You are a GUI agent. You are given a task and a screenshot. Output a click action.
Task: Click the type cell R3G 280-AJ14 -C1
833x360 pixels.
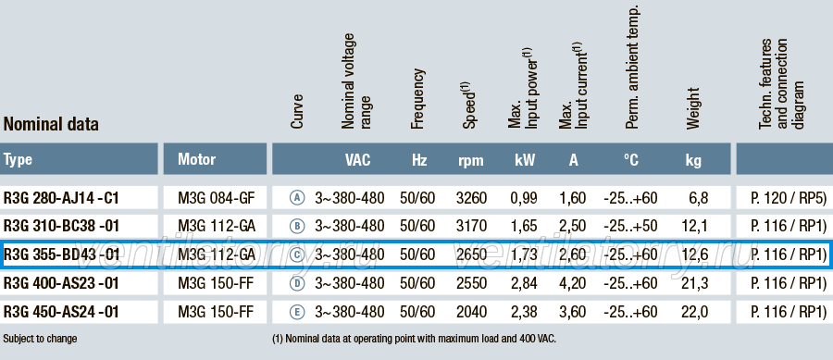(x=62, y=198)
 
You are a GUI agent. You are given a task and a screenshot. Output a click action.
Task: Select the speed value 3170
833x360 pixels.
(x=471, y=226)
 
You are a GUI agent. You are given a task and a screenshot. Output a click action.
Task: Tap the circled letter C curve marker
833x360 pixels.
(x=297, y=254)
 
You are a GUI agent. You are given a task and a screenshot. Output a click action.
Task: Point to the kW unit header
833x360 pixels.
(x=525, y=160)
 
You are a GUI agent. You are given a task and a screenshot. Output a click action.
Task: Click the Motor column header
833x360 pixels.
(x=196, y=159)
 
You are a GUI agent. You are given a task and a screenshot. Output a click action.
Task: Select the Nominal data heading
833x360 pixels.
(x=51, y=124)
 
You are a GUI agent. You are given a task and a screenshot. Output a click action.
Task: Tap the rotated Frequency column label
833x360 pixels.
(x=418, y=99)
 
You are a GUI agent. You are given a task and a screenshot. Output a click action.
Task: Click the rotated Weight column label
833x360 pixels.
(x=692, y=108)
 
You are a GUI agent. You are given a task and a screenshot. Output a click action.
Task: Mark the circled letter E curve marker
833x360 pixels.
(x=297, y=312)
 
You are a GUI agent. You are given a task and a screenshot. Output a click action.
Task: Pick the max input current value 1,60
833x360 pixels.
(x=572, y=198)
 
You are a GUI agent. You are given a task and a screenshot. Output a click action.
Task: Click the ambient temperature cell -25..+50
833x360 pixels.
(x=630, y=226)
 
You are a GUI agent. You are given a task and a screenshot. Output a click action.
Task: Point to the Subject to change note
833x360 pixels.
(x=40, y=339)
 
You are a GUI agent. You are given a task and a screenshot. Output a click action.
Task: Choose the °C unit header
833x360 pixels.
(x=630, y=160)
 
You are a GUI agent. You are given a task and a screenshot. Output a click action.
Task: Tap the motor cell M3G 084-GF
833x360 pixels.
(x=217, y=198)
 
